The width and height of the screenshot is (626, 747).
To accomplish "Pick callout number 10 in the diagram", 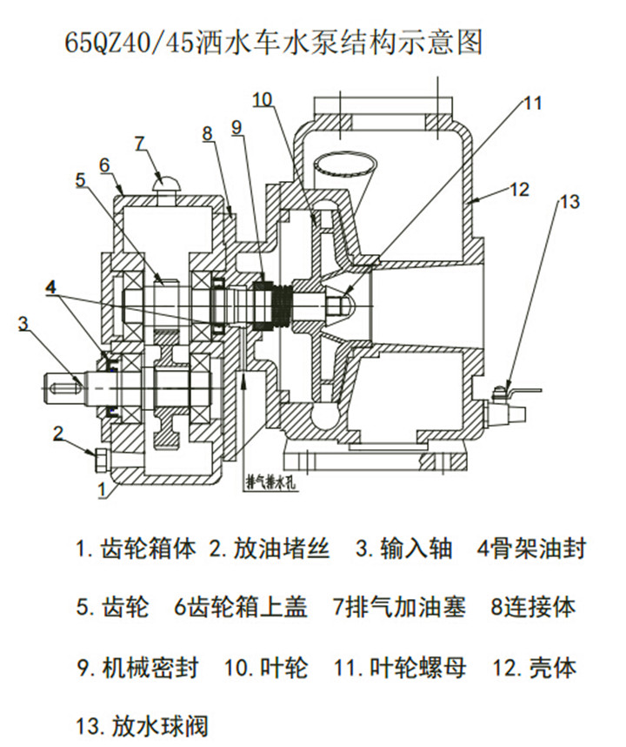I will pyautogui.click(x=262, y=99).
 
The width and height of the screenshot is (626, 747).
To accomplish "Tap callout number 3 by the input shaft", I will pyautogui.click(x=23, y=323).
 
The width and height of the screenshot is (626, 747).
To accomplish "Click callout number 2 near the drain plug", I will pyautogui.click(x=58, y=432).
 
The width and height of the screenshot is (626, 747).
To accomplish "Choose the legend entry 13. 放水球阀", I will pyautogui.click(x=143, y=724).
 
